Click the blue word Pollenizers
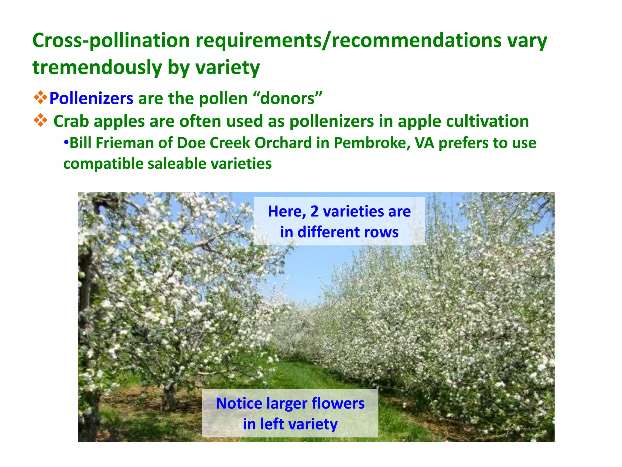(91, 99)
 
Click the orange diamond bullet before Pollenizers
(40, 98)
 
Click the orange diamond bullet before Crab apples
(40, 120)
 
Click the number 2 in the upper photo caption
(314, 211)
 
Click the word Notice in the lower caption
(239, 403)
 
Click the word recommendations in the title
(416, 40)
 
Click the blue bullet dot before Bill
(66, 142)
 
